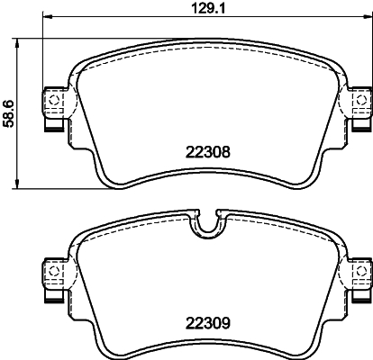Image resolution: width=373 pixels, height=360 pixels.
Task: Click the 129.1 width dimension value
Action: (x=208, y=8)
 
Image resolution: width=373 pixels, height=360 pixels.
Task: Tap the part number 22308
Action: (x=208, y=152)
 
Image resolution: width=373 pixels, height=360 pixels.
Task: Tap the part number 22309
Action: (x=208, y=323)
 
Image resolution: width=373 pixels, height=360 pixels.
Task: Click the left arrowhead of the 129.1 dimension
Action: (x=48, y=17)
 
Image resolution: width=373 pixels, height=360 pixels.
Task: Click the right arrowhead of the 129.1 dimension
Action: (x=368, y=17)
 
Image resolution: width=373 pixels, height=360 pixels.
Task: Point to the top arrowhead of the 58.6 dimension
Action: (x=17, y=43)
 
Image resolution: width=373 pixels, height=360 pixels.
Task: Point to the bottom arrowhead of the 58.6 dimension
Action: (x=17, y=184)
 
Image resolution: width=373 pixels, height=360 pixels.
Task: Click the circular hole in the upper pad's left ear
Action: (x=54, y=100)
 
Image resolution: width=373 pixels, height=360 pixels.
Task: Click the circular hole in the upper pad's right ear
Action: (x=360, y=100)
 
